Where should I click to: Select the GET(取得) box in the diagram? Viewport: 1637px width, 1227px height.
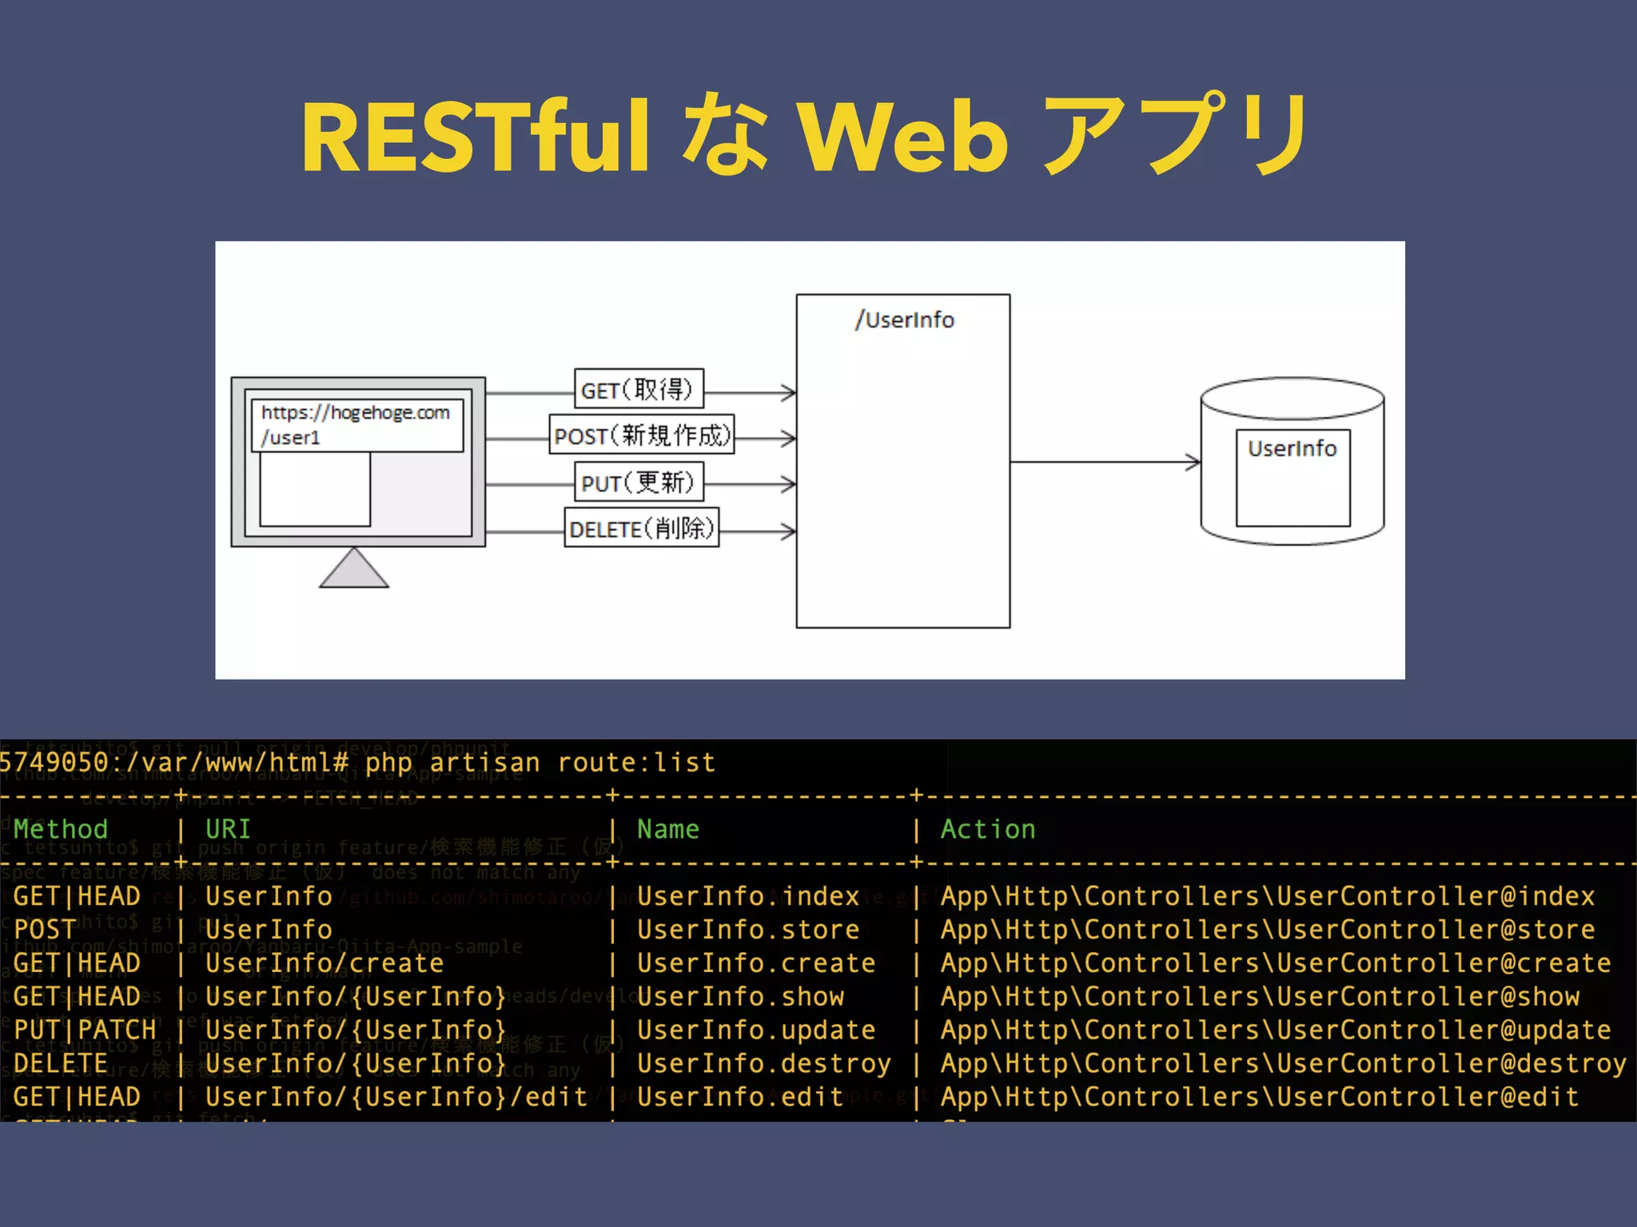pyautogui.click(x=638, y=389)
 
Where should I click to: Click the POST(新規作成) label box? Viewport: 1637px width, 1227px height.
pyautogui.click(x=641, y=435)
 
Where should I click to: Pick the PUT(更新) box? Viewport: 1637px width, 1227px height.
pyautogui.click(x=638, y=482)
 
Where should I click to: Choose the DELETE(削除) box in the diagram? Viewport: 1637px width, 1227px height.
pyautogui.click(x=641, y=528)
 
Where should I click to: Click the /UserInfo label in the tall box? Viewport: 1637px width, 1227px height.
pyautogui.click(x=904, y=320)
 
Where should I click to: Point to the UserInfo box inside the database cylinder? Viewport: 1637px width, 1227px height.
pyautogui.click(x=1292, y=477)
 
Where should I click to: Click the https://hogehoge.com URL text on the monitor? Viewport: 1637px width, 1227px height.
pyautogui.click(x=356, y=413)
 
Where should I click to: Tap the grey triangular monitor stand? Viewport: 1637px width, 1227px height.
pyautogui.click(x=354, y=570)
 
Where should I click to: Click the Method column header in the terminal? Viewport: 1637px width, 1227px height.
pyautogui.click(x=61, y=829)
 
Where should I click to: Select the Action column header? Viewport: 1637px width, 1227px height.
pyautogui.click(x=988, y=829)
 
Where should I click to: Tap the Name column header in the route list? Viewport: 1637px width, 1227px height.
pyautogui.click(x=668, y=829)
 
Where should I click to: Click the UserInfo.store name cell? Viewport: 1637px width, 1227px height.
pyautogui.click(x=748, y=930)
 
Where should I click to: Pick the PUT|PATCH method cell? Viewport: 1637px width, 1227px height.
pyautogui.click(x=85, y=1030)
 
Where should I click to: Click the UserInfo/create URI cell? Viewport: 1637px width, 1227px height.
pyautogui.click(x=325, y=963)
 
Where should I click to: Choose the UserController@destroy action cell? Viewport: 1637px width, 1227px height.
pyautogui.click(x=1284, y=1064)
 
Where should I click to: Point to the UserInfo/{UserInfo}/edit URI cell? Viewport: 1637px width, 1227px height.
pyautogui.click(x=396, y=1098)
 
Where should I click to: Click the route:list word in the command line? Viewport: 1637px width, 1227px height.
pyautogui.click(x=636, y=763)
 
